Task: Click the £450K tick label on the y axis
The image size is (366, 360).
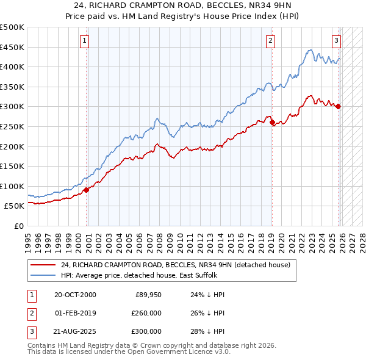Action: point(12,47)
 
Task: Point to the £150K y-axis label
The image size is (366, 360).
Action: point(12,166)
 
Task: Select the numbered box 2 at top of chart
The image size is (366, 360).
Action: point(270,41)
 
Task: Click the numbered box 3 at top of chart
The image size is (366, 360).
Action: point(336,41)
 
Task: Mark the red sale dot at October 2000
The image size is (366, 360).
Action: point(87,190)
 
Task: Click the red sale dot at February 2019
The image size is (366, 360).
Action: point(272,123)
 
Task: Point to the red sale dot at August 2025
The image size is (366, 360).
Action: point(339,107)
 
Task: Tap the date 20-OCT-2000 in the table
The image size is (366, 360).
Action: point(75,295)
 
